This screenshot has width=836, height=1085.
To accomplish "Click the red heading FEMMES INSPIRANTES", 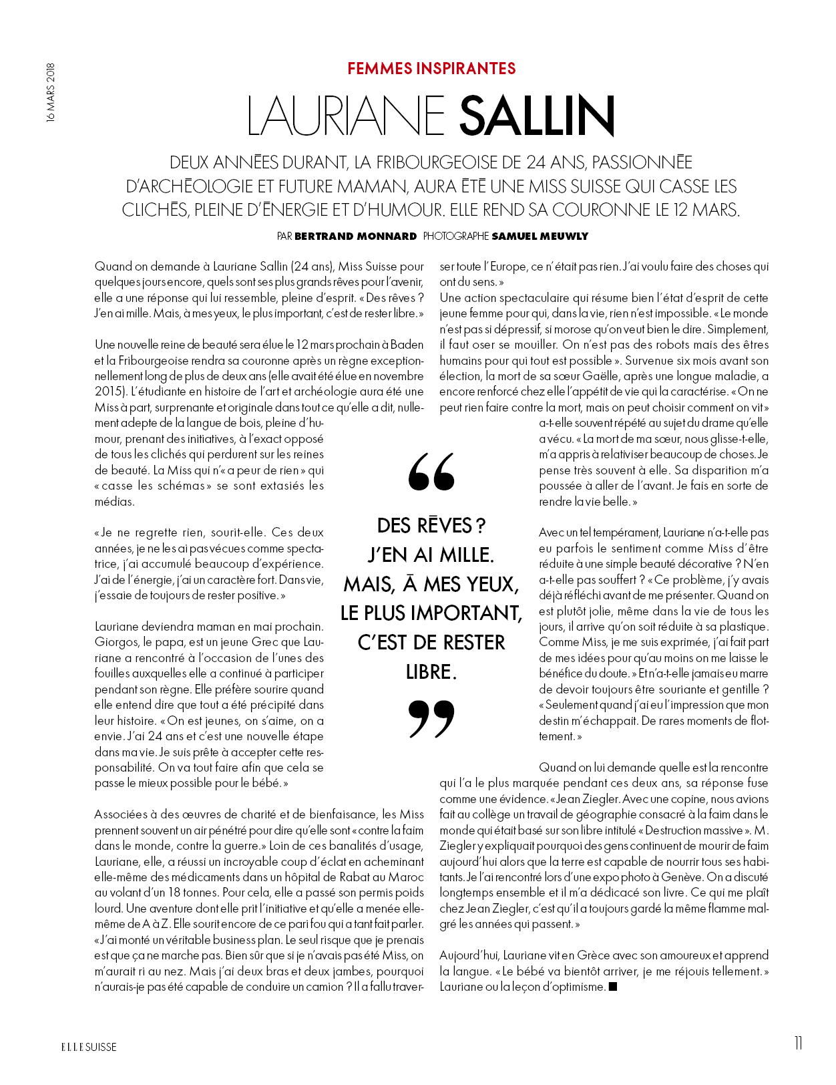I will coord(431,69).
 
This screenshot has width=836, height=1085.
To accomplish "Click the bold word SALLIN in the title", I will coord(536,116).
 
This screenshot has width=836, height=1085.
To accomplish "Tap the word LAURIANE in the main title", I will coord(346,116).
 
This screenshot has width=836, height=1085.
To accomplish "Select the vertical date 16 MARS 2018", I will coord(51,92).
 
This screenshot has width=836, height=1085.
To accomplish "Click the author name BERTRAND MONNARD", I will coord(355,236).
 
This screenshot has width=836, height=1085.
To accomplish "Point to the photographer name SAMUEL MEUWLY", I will coord(540,236).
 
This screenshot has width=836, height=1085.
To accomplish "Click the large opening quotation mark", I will coord(431,472).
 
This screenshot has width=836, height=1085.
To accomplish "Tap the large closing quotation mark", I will coord(431,719).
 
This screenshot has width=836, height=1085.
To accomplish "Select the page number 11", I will coord(798,1044).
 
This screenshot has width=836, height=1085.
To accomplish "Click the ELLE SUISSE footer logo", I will coord(89,1047).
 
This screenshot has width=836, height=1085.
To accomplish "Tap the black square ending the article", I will coord(613,986).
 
